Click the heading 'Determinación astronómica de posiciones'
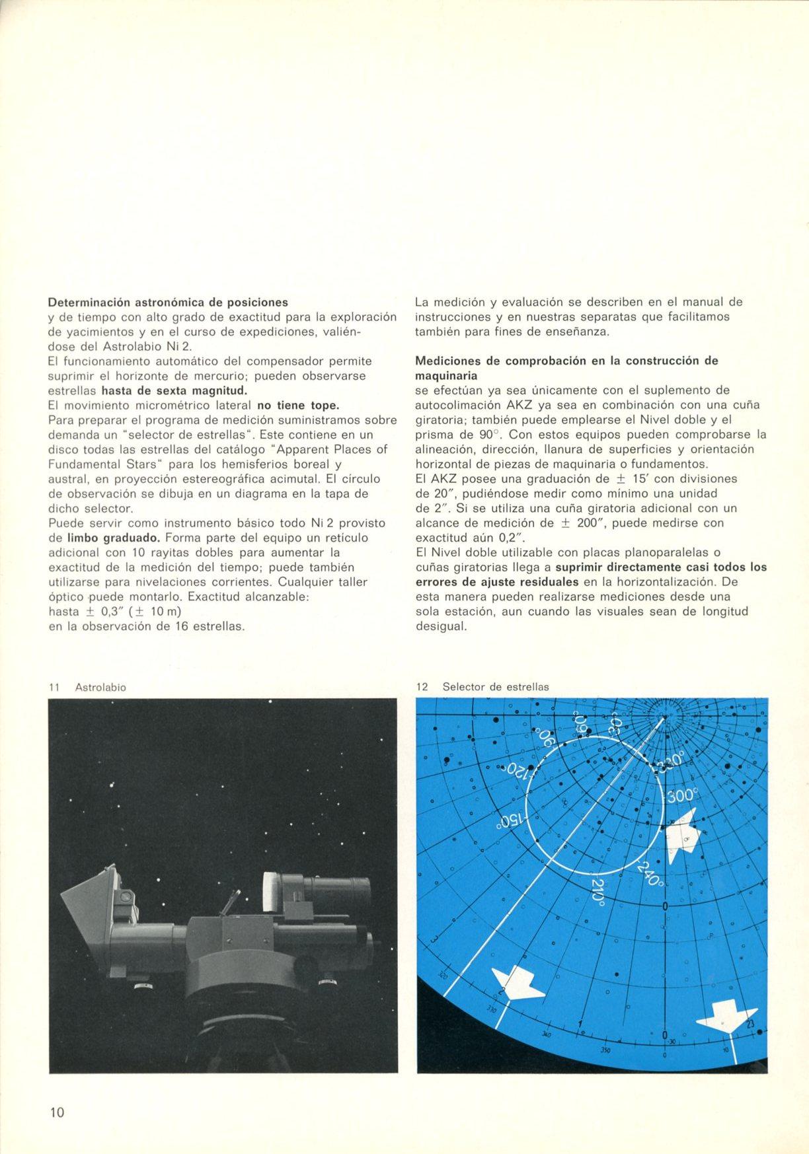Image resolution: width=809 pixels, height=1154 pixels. point(169,303)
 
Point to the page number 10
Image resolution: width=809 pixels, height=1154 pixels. point(57,1112)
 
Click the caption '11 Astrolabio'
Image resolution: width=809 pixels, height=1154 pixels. point(87,687)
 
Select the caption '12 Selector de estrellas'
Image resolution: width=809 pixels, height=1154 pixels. point(482,686)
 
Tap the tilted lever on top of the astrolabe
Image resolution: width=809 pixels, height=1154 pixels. point(233,902)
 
